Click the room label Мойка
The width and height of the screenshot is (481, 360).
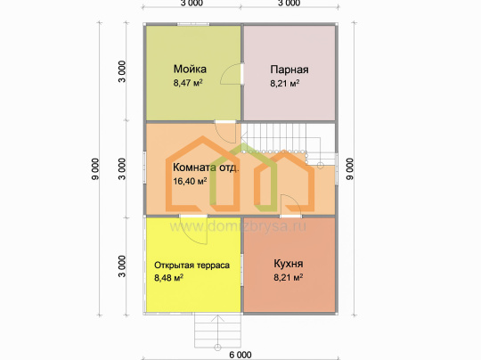(x=190, y=69)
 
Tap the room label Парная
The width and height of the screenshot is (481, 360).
(x=289, y=70)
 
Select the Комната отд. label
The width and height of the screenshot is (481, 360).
(x=206, y=168)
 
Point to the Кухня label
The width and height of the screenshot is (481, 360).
(x=289, y=264)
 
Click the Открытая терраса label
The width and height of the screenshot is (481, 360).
(x=192, y=266)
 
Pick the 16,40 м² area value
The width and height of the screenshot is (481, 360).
(x=190, y=182)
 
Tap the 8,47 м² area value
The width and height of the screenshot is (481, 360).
(x=188, y=83)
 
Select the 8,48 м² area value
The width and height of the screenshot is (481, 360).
(x=168, y=278)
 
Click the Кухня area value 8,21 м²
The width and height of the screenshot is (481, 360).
(x=289, y=277)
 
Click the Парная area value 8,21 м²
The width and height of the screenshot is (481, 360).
(x=285, y=84)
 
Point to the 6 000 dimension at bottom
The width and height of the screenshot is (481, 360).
(x=240, y=355)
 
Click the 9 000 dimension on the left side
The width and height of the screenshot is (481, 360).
(x=95, y=168)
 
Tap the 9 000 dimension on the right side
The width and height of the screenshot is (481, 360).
(x=350, y=168)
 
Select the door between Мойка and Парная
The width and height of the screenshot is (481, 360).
(x=232, y=74)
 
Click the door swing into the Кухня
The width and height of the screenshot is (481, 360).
(x=290, y=204)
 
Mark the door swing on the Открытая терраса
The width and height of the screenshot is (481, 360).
(x=194, y=230)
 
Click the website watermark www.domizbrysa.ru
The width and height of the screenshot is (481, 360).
(x=238, y=226)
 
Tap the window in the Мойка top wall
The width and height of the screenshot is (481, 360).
(x=193, y=24)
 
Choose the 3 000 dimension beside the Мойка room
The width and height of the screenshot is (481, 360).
(x=122, y=71)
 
